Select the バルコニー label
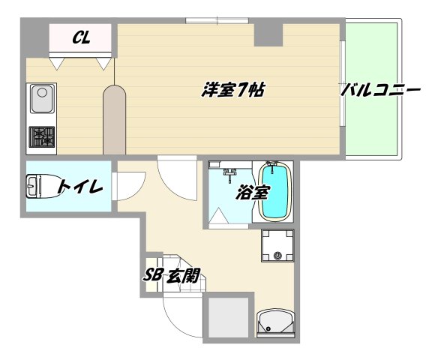point(380,91)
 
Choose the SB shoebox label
point(154,275)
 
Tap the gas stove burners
point(42,137)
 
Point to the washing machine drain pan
point(277,245)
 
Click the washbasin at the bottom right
point(275,325)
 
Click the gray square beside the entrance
point(226,318)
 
